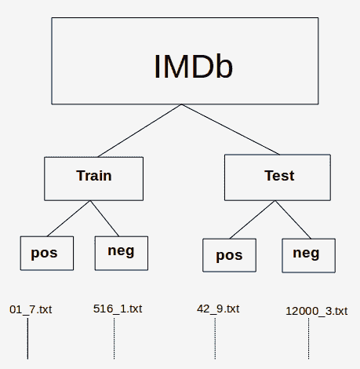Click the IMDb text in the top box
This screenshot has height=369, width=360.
pos(193,67)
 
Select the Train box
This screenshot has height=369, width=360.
pos(94,179)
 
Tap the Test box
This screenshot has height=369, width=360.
pos(278,177)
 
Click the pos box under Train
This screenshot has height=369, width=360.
pos(47,253)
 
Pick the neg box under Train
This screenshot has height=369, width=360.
pos(122,253)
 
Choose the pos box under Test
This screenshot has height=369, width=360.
pos(229,255)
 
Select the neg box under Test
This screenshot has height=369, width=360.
pos(308,255)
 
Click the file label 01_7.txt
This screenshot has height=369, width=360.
pos(31,309)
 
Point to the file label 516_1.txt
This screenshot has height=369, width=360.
pos(118,309)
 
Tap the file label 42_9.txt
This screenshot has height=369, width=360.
pos(218,309)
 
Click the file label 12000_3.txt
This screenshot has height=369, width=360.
pos(317,311)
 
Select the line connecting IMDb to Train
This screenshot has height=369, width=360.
pos(140,130)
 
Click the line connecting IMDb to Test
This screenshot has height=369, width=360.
pos(231,130)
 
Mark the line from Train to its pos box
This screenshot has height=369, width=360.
pos(68,218)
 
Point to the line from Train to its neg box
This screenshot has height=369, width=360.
pos(104,218)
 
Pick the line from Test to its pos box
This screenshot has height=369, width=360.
pos(253,220)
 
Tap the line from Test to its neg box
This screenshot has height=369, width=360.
pos(293,220)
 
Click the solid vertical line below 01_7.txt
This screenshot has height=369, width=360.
pos(27,338)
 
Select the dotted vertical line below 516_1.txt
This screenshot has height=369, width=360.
pos(114,338)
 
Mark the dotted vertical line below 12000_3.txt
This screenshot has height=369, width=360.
pos(308,338)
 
